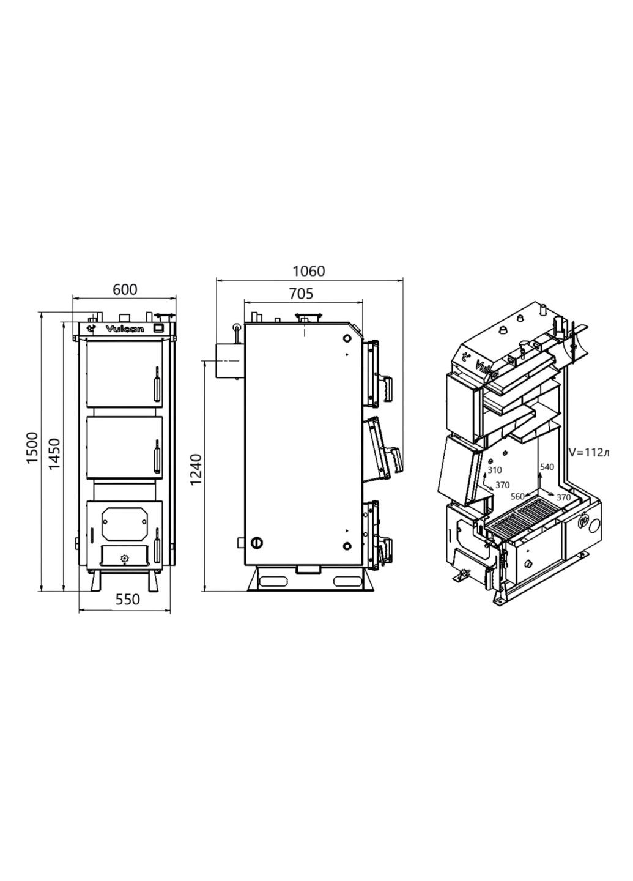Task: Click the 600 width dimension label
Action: (x=125, y=289)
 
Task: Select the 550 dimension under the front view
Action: (x=128, y=600)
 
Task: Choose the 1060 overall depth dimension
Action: (x=309, y=270)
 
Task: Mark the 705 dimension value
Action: (x=300, y=294)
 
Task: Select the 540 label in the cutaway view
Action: (x=547, y=467)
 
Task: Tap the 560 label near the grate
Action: (x=517, y=496)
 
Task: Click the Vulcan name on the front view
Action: (x=125, y=329)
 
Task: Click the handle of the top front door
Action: (x=155, y=382)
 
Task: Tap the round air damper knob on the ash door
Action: (x=125, y=558)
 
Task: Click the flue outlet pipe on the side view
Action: (x=228, y=361)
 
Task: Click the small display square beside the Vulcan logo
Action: (x=158, y=328)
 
